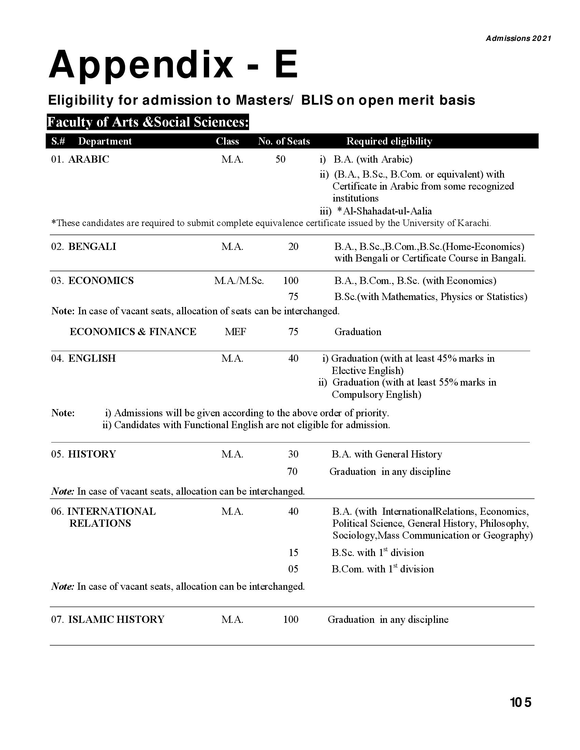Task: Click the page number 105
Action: pyautogui.click(x=521, y=702)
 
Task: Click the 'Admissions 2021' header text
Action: pyautogui.click(x=518, y=39)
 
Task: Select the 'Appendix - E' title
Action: pyautogui.click(x=173, y=65)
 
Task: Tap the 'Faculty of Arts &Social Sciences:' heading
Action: pyautogui.click(x=148, y=122)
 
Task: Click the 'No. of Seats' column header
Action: pyautogui.click(x=284, y=141)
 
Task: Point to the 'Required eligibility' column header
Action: pyautogui.click(x=389, y=141)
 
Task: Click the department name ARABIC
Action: pyautogui.click(x=89, y=159)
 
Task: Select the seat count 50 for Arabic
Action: pyautogui.click(x=280, y=159)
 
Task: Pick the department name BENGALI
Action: pyautogui.click(x=92, y=246)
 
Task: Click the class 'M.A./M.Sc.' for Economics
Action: pyautogui.click(x=239, y=281)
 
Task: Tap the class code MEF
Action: pyautogui.click(x=235, y=332)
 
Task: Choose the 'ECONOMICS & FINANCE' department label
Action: pyautogui.click(x=133, y=332)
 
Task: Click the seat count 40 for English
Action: pyautogui.click(x=293, y=359)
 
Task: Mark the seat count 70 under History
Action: pyautogui.click(x=292, y=471)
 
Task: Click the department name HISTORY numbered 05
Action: pyautogui.click(x=92, y=454)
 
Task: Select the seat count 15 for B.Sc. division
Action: pyautogui.click(x=293, y=553)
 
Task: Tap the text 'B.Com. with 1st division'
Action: pyautogui.click(x=382, y=569)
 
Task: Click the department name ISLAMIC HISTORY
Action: pyautogui.click(x=116, y=619)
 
